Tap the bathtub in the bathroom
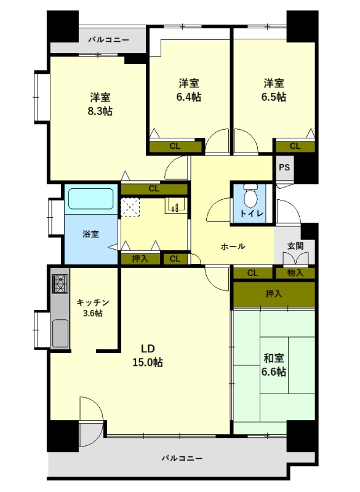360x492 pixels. point(90,199)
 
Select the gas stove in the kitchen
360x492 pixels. point(60,284)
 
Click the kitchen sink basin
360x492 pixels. point(60,333)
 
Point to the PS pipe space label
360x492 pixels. point(284,167)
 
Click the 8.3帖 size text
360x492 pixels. point(100,111)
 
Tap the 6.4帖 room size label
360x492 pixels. point(189,97)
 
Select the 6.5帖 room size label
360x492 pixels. point(274,97)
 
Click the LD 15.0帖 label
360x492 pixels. point(148,355)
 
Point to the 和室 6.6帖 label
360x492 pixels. point(274,365)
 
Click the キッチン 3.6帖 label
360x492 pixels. point(93,307)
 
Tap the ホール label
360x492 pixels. point(233,247)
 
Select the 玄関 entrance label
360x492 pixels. point(295,245)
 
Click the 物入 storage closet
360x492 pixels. point(295,273)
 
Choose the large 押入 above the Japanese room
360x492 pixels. point(274,294)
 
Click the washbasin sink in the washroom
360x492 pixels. point(175,205)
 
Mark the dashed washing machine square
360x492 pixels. point(130,207)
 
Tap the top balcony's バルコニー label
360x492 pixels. point(108,40)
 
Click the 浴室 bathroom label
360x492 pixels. point(90,234)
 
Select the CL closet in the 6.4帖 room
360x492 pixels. point(175,146)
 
